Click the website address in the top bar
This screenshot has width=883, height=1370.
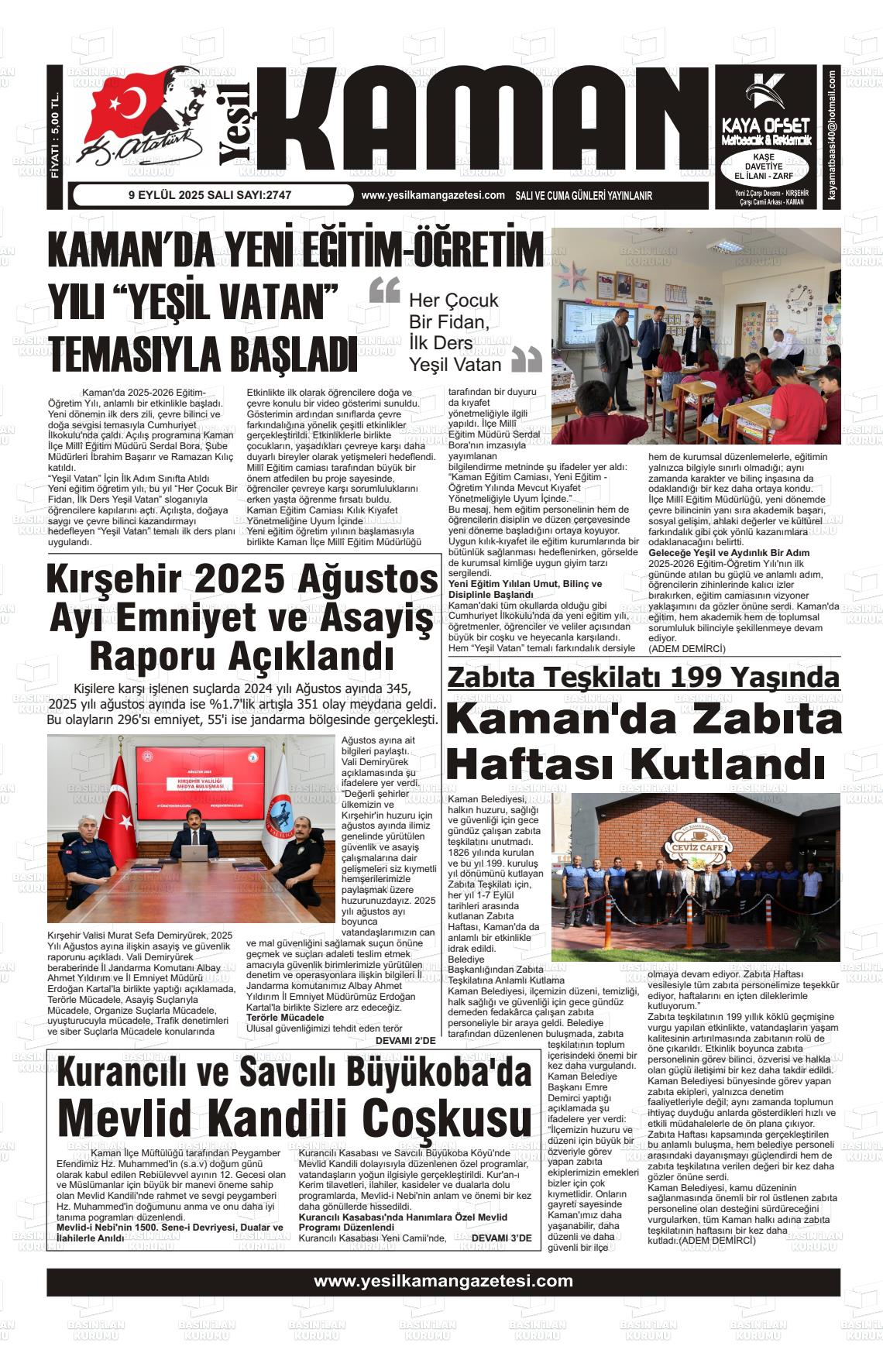click(x=433, y=196)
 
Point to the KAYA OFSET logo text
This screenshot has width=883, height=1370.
click(x=765, y=125)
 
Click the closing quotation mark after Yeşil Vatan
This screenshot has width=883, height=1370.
click(x=527, y=361)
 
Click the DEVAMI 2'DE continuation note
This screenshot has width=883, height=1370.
click(x=406, y=1040)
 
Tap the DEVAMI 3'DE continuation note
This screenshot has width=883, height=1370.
click(x=501, y=1238)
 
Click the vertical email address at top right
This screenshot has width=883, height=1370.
click(x=832, y=136)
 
